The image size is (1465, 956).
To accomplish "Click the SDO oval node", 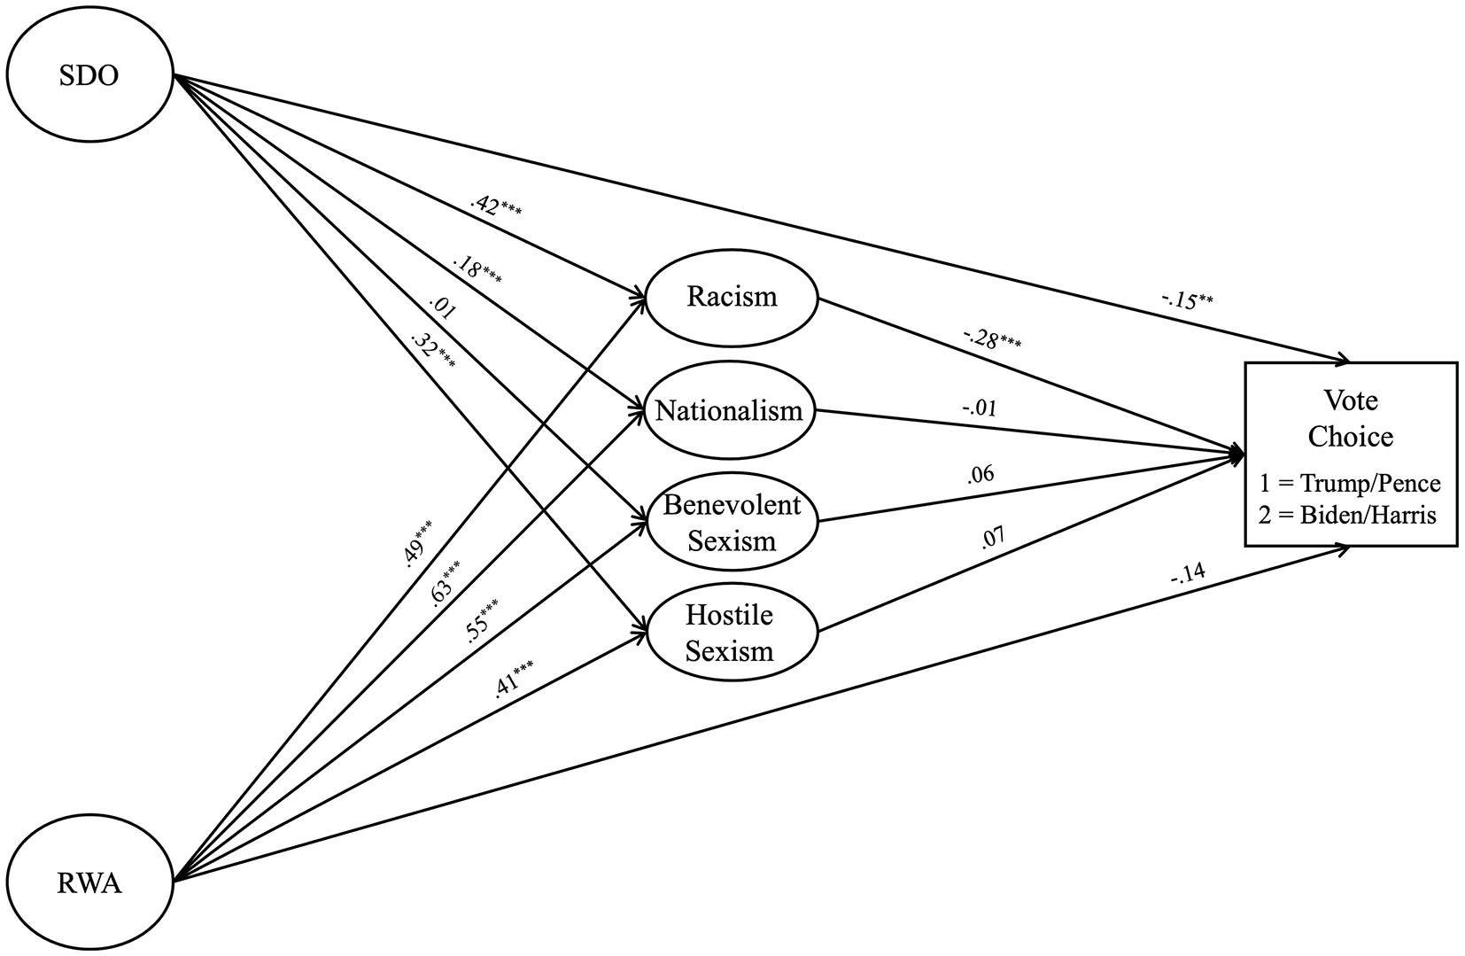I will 89,75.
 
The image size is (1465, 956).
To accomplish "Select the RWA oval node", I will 89,882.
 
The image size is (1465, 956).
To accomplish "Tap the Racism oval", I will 731,297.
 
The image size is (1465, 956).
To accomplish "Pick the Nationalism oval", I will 729,411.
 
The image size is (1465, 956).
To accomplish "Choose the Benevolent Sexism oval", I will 731,522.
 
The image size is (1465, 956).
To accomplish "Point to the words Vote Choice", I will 1351,418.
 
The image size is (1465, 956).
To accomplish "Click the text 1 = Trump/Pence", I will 1350,484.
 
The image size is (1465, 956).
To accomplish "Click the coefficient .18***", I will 477,270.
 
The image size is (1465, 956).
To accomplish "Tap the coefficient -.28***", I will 992,338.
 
